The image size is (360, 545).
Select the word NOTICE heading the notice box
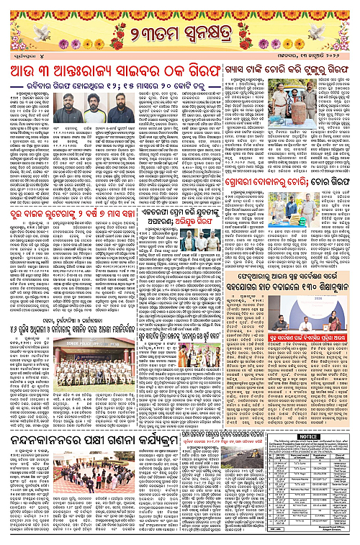309,436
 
